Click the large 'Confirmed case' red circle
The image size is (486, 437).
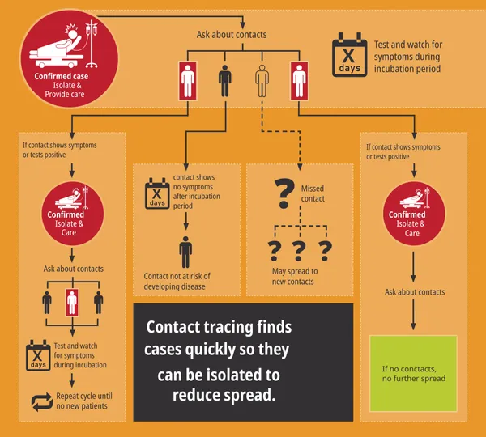pos(69,58)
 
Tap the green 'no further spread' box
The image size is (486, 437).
pos(413,373)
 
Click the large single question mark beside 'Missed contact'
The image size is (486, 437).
pos(284,193)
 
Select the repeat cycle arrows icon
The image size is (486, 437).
pos(42,402)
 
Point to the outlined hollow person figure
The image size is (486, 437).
pos(262,81)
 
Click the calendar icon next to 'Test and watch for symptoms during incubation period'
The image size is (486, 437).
pos(350,54)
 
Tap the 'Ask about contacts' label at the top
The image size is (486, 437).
pos(232,34)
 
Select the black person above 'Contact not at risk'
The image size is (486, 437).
pos(185,252)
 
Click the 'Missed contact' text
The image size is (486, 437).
pos(313,193)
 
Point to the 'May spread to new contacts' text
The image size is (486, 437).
pos(295,276)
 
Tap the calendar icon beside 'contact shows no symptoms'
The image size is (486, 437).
pos(157,193)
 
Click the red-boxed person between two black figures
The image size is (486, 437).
pos(72,303)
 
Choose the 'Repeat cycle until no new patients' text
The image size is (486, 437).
pos(84,401)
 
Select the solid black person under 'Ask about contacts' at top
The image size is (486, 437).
pos(224,81)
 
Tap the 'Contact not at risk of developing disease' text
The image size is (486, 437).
pos(177,281)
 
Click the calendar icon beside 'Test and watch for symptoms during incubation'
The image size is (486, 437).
pos(38,355)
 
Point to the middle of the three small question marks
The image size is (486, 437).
pos(299,251)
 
